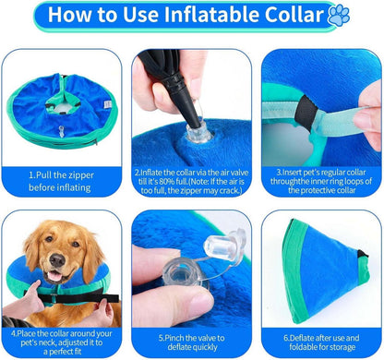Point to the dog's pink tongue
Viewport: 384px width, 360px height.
coord(56,275)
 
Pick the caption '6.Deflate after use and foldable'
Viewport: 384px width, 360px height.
coord(320,337)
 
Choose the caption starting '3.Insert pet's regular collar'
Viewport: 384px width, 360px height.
coord(320,178)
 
